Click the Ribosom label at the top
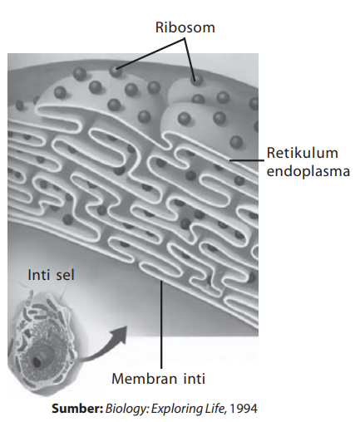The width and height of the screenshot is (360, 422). coord(185,27)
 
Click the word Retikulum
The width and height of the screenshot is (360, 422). coord(303,153)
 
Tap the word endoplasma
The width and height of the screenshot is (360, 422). coord(308,172)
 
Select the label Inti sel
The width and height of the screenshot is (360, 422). coord(51,275)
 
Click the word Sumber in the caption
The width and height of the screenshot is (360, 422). coord(77,409)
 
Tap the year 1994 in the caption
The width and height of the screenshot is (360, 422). coord(244,409)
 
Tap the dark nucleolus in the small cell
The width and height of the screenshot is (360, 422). coord(37,361)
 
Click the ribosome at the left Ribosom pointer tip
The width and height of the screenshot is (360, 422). coord(116,71)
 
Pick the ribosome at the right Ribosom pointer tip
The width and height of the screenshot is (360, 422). coord(196,81)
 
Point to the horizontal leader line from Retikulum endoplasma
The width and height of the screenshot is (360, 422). coord(247,160)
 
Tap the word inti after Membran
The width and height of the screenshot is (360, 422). coord(194,378)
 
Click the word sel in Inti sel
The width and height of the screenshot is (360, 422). coord(66,275)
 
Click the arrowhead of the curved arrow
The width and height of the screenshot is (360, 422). coord(120,335)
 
